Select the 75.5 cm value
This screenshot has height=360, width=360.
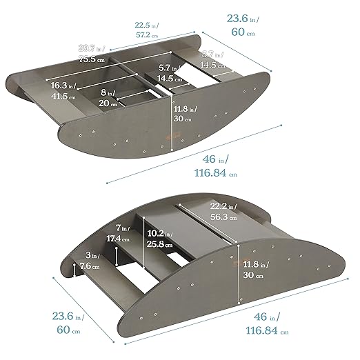coord(92,59)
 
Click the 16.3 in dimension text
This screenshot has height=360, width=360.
coord(63,85)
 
